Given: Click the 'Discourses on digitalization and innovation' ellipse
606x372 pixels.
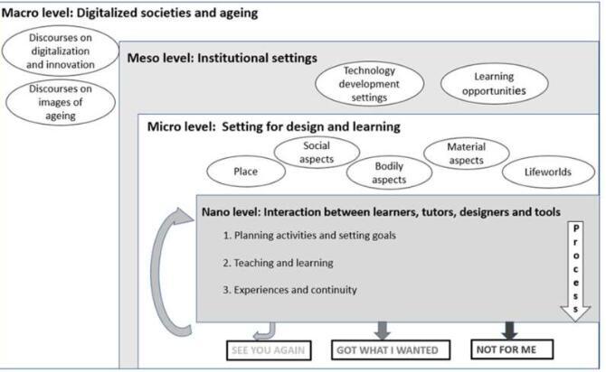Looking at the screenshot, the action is tap(61, 51).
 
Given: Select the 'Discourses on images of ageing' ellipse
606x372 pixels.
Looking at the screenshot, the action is tap(61, 102).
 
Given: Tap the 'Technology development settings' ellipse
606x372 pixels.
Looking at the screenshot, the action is tap(369, 84).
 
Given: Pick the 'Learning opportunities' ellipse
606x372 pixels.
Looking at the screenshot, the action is tap(495, 84).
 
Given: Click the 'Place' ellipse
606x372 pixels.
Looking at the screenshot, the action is tap(246, 172).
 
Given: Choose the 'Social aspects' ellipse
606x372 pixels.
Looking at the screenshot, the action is tap(317, 153).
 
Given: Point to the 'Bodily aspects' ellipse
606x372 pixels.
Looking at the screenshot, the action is tap(389, 172).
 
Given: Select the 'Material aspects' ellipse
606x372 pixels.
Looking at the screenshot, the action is tap(467, 153).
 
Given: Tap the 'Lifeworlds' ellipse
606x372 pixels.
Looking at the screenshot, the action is tap(548, 172).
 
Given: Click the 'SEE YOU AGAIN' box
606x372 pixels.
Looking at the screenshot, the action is tap(269, 350).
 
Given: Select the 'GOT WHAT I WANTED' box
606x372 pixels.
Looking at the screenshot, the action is tap(391, 350).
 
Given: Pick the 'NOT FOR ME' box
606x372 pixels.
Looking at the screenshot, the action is tap(512, 349).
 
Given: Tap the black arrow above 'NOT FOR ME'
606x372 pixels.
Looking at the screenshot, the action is tap(509, 330).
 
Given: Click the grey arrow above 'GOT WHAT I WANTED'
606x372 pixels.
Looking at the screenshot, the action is tap(383, 330).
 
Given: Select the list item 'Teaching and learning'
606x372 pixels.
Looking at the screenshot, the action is tap(278, 263).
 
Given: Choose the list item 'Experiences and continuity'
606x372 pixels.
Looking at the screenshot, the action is tap(289, 290).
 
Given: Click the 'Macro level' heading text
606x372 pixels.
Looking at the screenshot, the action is tap(129, 14).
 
